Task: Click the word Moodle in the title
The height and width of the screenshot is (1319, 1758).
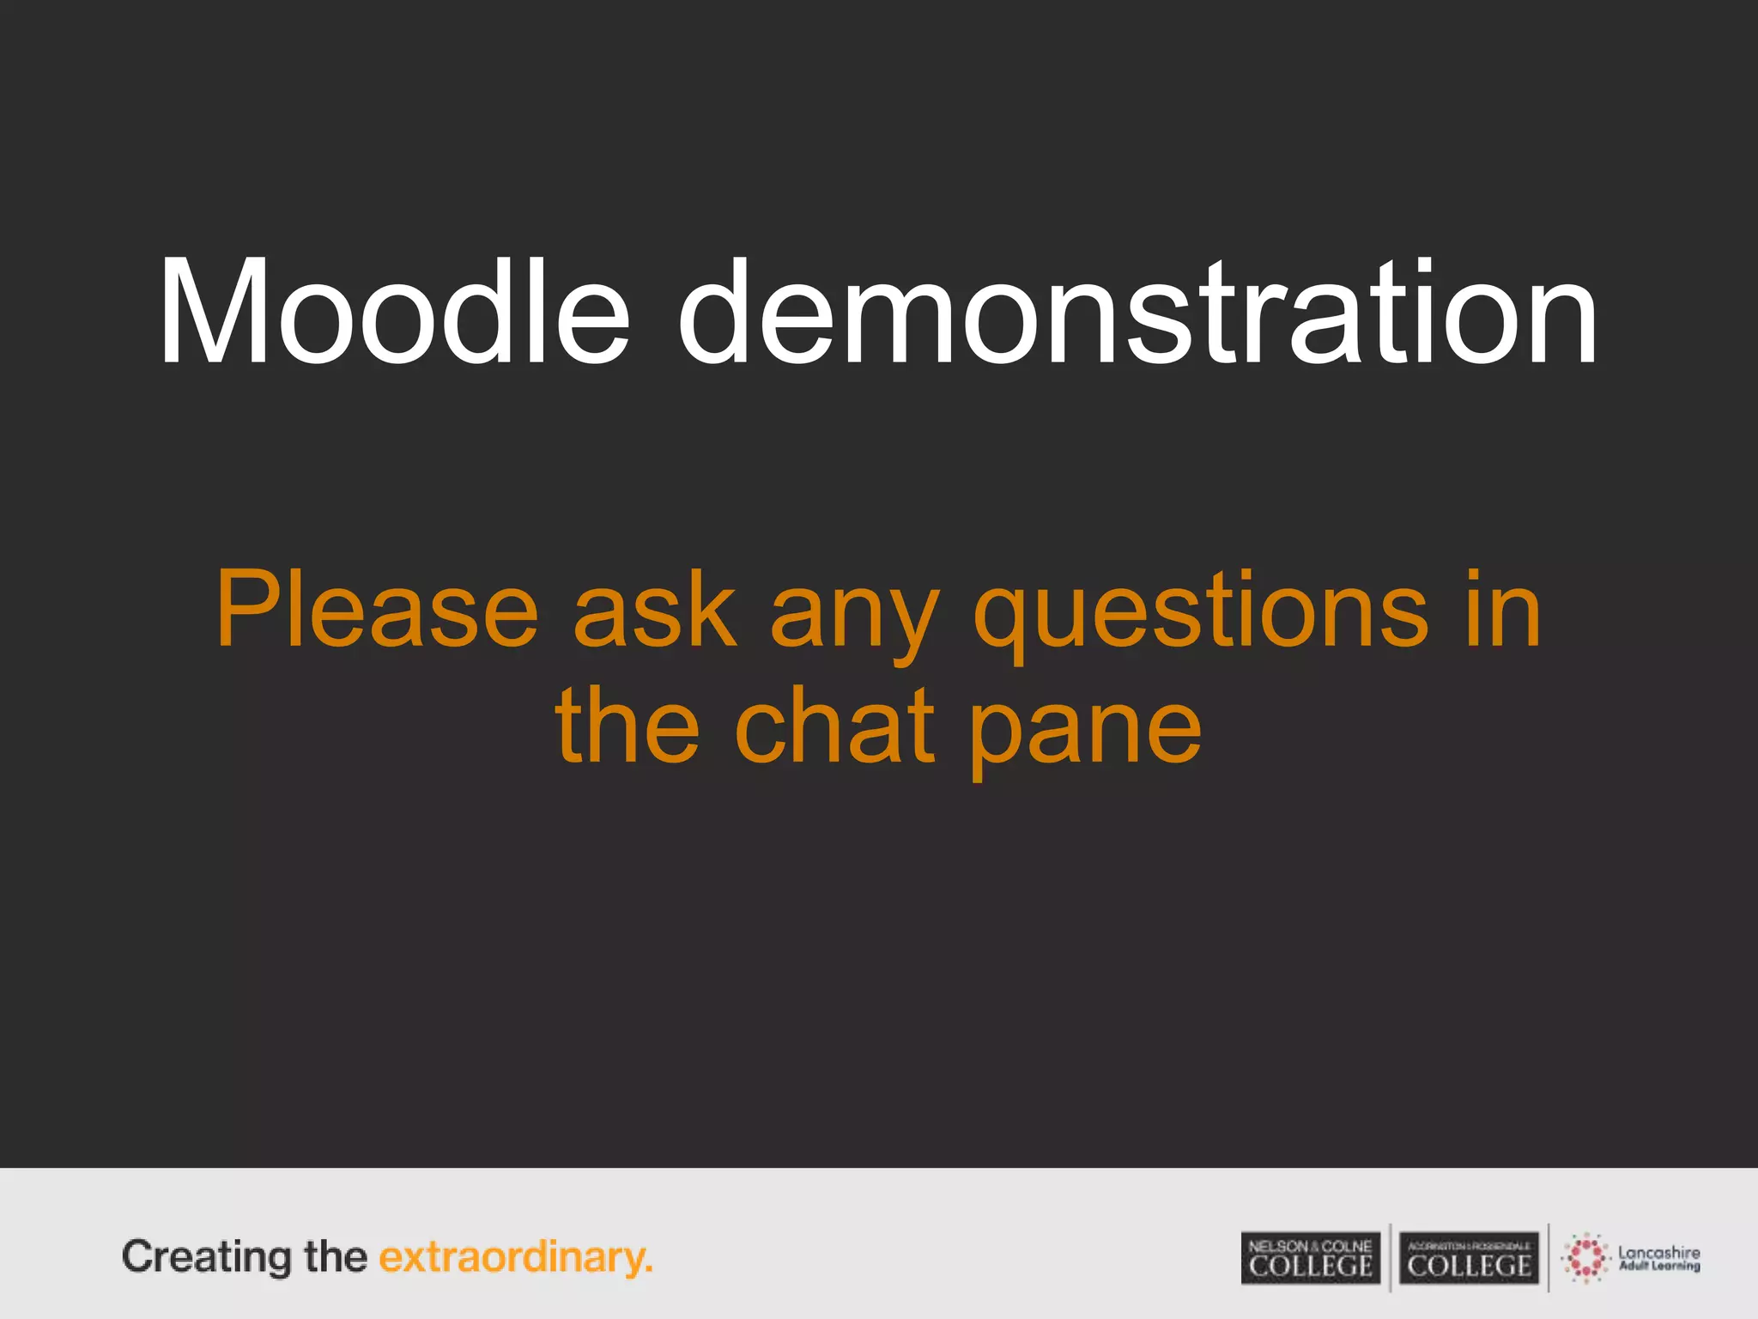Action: point(394,313)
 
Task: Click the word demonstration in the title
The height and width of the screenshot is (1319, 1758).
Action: point(1137,313)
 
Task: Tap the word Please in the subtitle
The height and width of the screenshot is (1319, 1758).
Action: point(377,609)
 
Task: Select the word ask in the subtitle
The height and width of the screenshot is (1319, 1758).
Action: point(655,609)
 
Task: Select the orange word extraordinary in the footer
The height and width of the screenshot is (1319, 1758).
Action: point(511,1258)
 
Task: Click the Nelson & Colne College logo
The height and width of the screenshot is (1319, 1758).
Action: point(1310,1258)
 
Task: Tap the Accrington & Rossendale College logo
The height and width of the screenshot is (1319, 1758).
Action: point(1469,1258)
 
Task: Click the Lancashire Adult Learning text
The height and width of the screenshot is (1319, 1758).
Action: point(1658,1258)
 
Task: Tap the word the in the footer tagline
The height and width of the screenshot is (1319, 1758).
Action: point(335,1257)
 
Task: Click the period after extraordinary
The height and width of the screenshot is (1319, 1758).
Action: point(649,1270)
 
